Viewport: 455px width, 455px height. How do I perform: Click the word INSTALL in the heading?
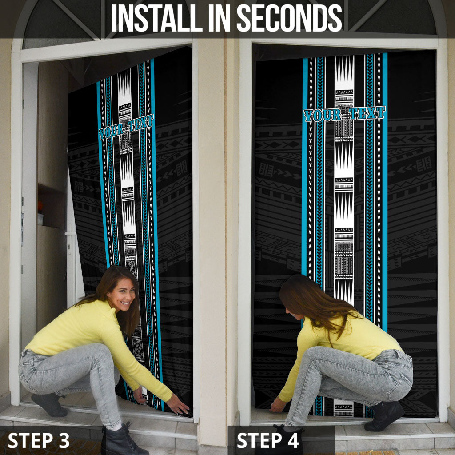157,18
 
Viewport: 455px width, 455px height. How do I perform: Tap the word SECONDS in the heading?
289,18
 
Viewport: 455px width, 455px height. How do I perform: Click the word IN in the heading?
220,18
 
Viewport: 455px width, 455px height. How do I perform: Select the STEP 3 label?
39,440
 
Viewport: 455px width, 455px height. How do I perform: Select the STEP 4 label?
267,440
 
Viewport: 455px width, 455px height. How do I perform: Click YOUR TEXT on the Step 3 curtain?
126,127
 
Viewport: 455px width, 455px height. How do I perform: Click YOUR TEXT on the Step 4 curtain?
344,114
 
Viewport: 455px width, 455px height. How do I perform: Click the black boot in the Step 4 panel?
383,415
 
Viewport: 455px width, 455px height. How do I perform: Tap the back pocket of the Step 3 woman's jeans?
26,360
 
